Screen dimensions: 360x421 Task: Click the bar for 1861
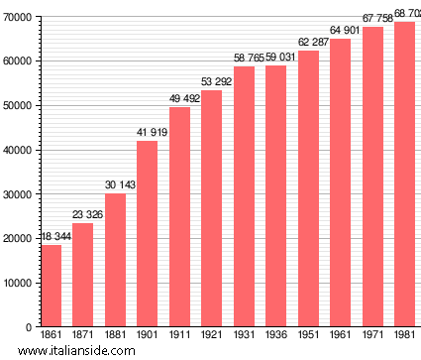pos(51,286)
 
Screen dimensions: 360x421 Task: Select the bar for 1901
pos(147,234)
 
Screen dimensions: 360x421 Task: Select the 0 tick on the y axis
pos(30,327)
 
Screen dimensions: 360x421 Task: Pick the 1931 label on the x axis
pos(244,335)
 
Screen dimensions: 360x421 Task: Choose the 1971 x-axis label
pos(372,335)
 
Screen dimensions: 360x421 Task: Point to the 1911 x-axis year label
pos(179,335)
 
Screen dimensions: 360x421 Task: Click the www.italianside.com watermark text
pos(76,350)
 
